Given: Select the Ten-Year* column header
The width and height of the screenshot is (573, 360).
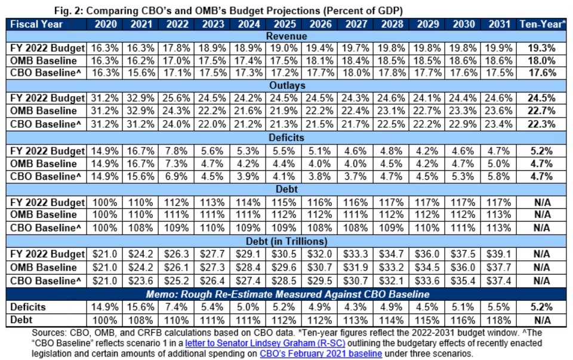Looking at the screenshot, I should tap(543, 24).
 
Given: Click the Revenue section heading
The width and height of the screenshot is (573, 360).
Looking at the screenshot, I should tap(286, 36).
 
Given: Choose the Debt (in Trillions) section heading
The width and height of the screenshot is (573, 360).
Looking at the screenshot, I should tap(286, 241).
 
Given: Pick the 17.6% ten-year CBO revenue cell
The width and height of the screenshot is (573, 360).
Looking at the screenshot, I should tap(543, 73).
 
